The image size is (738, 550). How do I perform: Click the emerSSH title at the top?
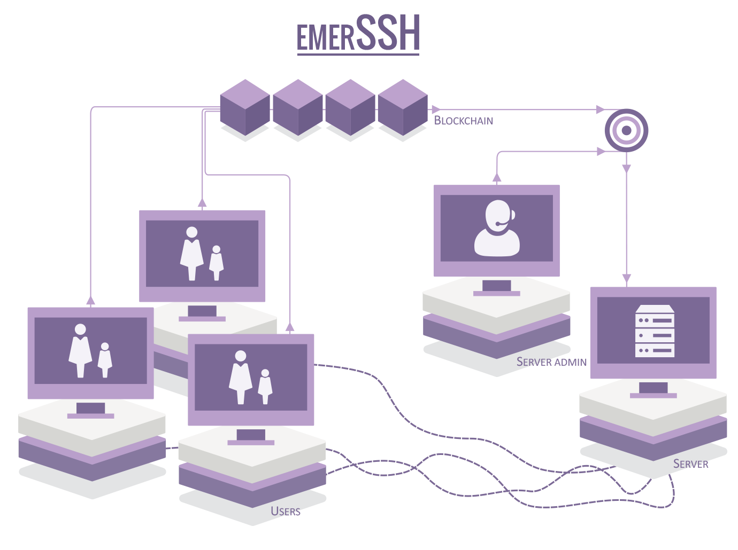click(358, 33)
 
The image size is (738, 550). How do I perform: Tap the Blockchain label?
click(463, 121)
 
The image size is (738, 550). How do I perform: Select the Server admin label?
click(551, 362)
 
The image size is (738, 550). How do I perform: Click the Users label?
click(286, 511)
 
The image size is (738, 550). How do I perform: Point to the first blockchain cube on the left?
click(245, 107)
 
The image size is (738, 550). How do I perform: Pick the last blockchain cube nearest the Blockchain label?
click(403, 107)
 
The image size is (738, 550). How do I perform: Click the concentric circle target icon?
click(626, 130)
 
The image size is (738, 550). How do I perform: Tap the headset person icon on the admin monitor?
click(497, 228)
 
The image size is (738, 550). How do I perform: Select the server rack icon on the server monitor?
click(654, 331)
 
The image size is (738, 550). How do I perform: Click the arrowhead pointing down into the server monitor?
click(626, 279)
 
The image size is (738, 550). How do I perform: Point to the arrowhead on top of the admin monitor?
click(497, 177)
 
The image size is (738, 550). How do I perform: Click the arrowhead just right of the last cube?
click(436, 109)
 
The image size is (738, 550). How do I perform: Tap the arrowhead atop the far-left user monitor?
click(90, 300)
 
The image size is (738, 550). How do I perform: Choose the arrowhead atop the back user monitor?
click(202, 202)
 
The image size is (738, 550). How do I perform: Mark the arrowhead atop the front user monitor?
click(289, 327)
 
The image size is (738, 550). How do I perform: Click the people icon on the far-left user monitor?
click(90, 351)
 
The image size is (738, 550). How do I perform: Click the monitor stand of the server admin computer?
click(496, 288)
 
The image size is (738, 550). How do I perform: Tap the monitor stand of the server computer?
click(653, 390)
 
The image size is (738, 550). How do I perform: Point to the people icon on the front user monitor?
click(250, 377)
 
